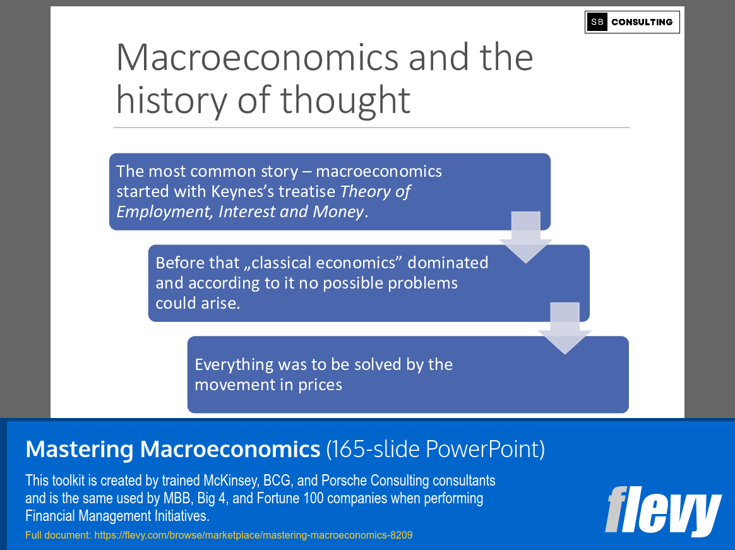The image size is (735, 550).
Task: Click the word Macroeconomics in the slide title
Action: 258,57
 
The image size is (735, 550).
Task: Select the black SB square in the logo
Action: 597,22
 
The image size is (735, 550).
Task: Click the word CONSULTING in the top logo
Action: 642,22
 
